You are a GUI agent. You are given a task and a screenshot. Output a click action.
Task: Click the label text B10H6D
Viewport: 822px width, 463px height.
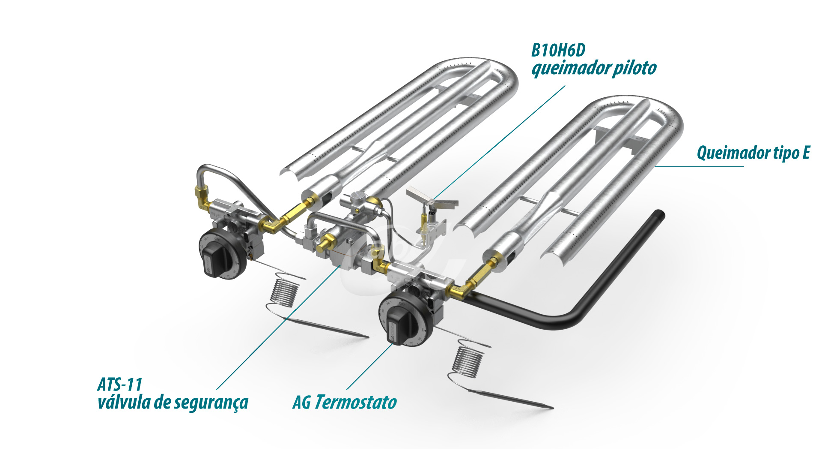coord(558,51)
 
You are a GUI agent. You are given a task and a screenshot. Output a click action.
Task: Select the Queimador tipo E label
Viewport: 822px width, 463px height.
coord(753,153)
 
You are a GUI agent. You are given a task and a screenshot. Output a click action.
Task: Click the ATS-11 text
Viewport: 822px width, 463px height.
coord(120,385)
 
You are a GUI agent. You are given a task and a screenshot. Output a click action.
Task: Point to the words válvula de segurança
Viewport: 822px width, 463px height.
coord(173,403)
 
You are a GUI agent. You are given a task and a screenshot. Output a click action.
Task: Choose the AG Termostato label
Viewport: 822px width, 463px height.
coord(345,403)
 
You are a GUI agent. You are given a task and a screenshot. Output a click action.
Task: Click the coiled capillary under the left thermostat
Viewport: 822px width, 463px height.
coord(285,293)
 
